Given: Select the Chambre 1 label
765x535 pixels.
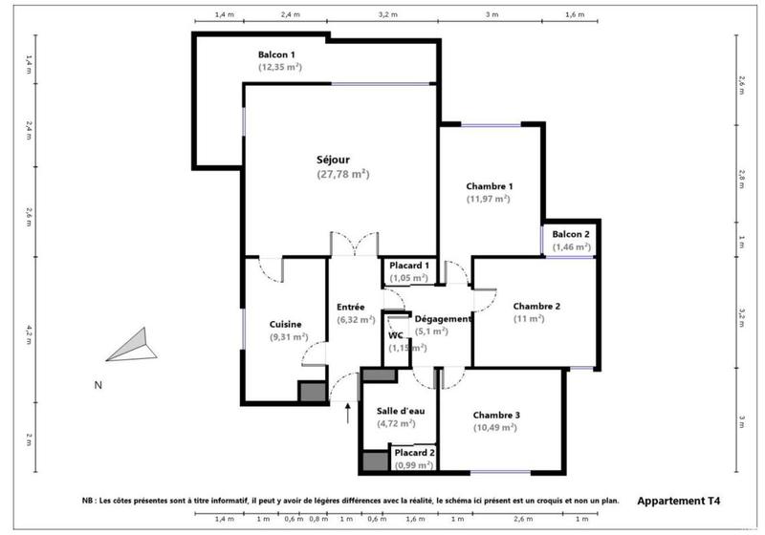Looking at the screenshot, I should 490,185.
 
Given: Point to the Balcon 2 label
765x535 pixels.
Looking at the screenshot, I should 571,234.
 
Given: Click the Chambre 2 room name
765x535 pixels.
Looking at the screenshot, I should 535,306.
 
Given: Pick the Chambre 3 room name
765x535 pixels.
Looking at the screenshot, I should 495,415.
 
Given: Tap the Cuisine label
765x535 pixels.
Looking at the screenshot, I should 287,324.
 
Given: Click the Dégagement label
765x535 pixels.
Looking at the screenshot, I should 443,319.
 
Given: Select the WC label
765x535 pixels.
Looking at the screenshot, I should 396,335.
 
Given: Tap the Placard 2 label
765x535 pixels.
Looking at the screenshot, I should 415,452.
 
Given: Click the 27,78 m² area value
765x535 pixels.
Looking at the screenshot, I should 341,175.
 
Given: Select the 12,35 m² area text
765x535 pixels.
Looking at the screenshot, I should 280,68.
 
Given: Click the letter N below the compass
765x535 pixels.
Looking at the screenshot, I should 97,386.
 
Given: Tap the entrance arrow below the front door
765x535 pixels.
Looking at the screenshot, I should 346,412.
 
